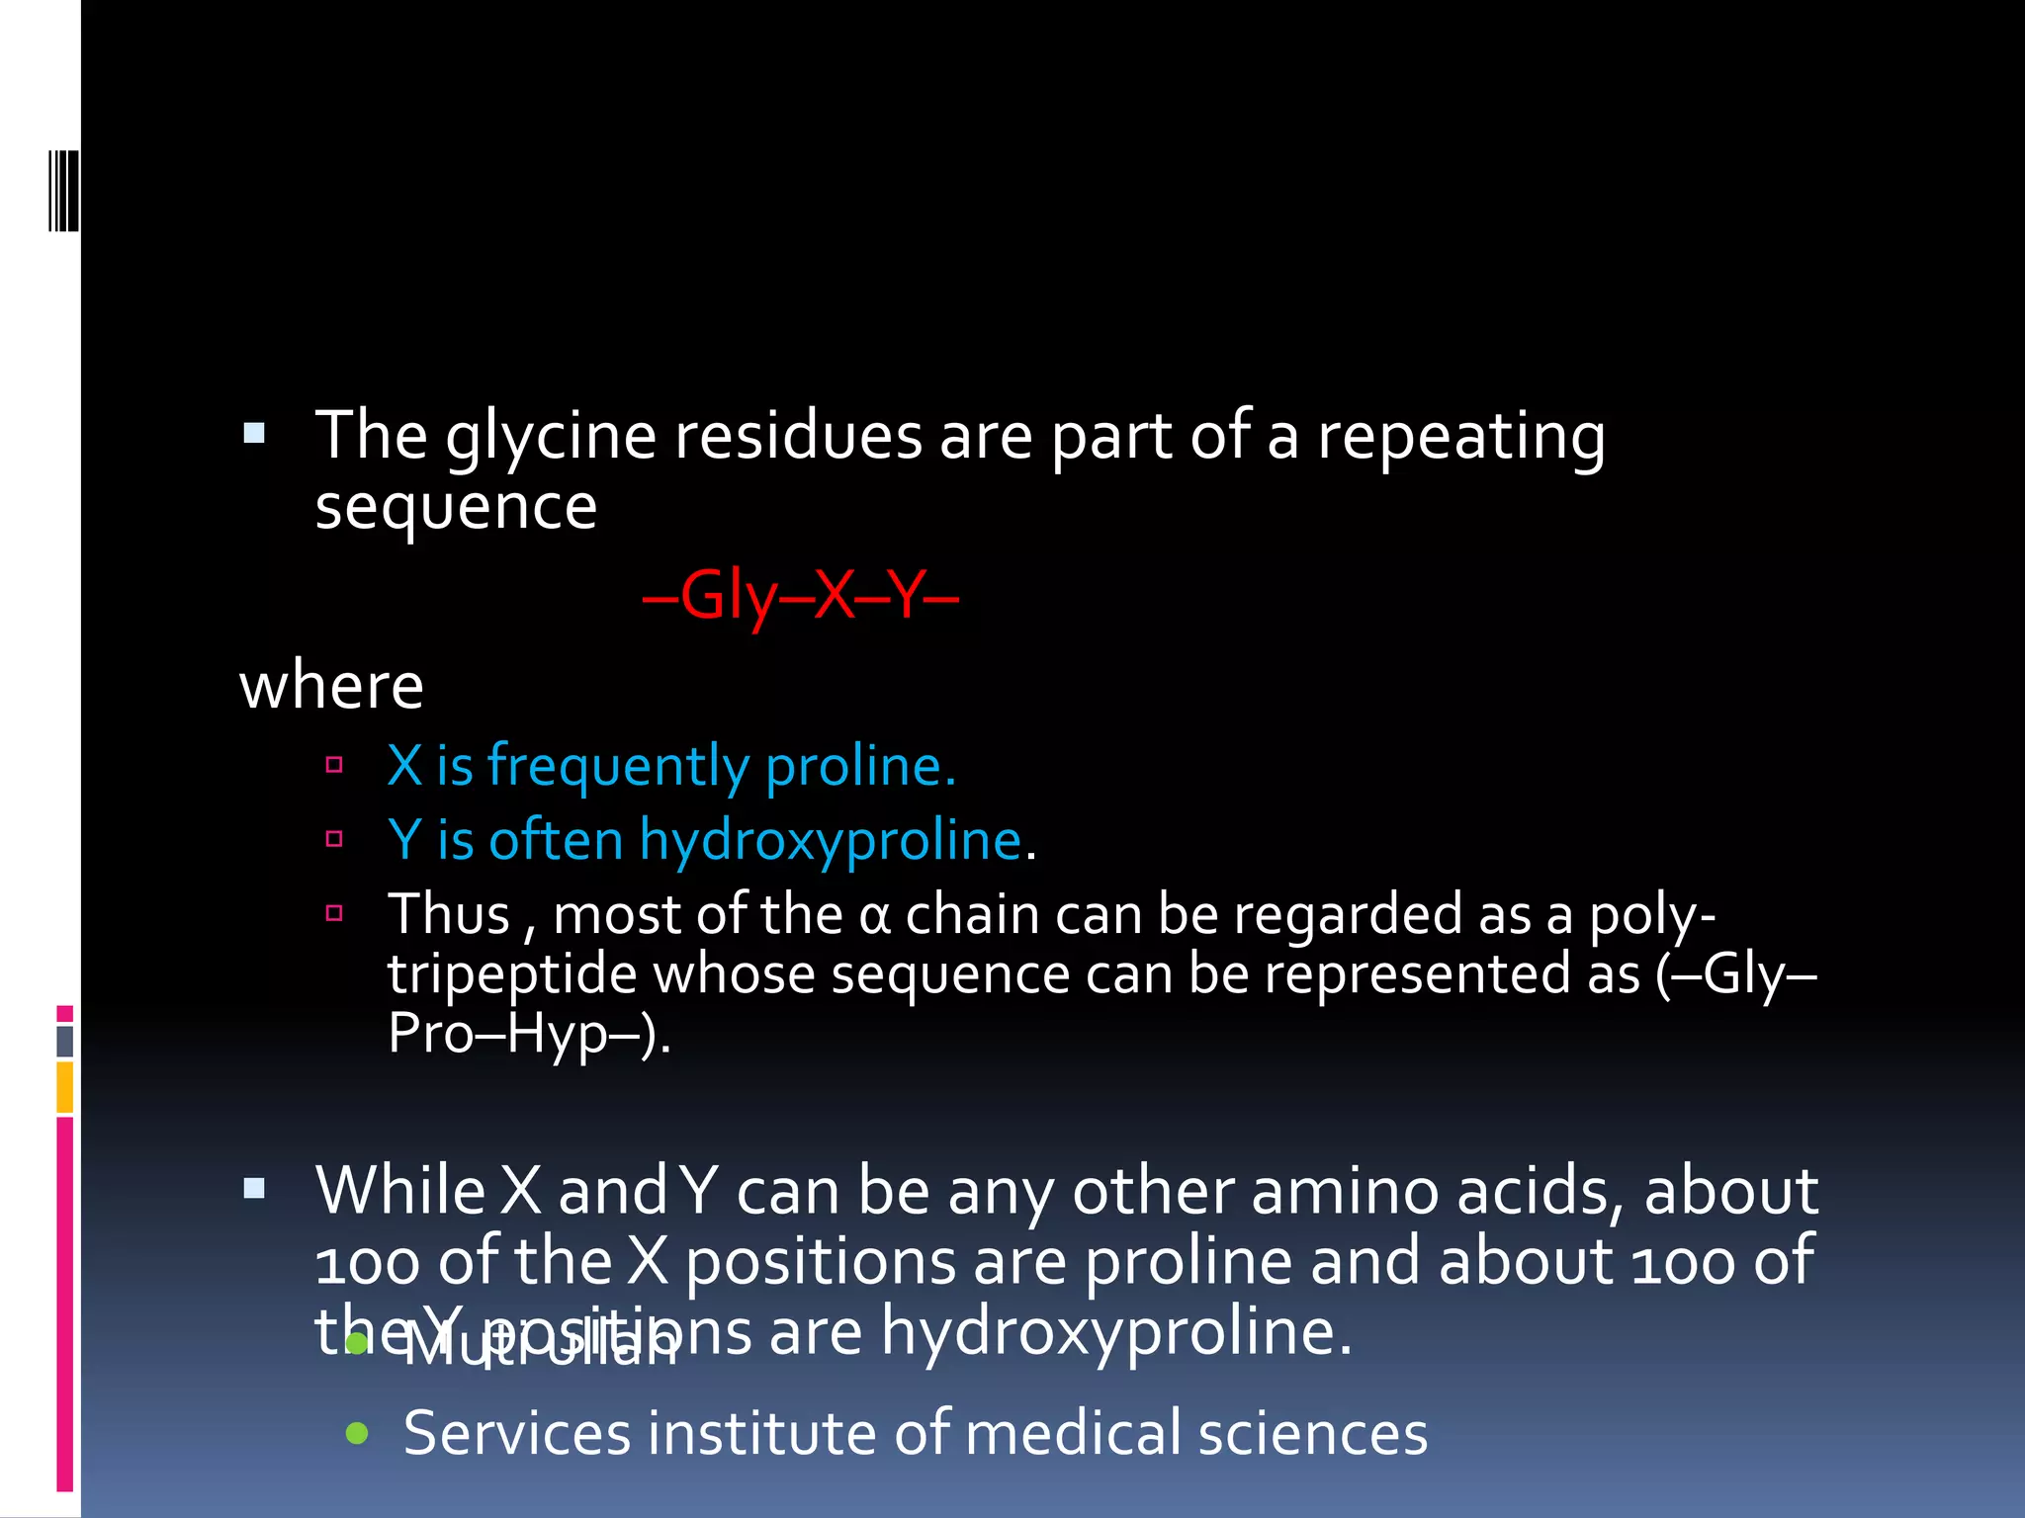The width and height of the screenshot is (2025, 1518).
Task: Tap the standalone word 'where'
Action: [331, 686]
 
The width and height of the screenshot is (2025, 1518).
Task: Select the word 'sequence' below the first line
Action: [456, 508]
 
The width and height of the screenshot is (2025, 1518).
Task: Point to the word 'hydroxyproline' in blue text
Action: [830, 841]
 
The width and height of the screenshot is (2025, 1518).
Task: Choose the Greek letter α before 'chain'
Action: [874, 915]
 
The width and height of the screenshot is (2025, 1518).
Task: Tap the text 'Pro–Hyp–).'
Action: [529, 1035]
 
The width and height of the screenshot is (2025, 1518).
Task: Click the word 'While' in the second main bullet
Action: [399, 1191]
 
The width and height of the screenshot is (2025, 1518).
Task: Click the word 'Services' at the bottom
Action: [516, 1433]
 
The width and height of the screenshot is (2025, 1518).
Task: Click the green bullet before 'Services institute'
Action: [358, 1433]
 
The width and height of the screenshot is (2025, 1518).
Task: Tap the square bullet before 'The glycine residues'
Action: [254, 433]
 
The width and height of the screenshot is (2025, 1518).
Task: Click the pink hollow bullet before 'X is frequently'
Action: [334, 764]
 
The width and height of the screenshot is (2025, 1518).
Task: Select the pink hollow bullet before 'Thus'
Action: [334, 912]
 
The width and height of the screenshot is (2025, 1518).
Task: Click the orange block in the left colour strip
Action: [65, 1086]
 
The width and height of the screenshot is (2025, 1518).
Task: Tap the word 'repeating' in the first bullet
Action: [1460, 437]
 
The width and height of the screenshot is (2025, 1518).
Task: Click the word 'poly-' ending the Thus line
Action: [1651, 915]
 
